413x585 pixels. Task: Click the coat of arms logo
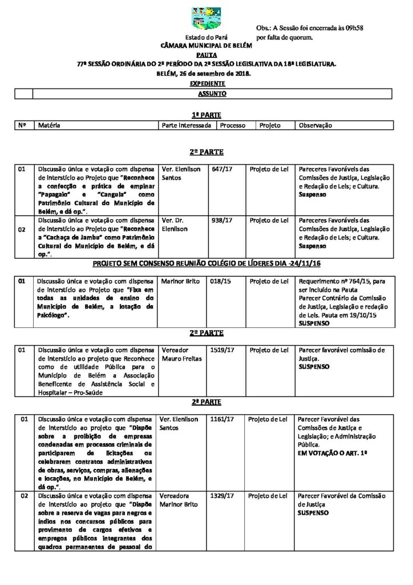coord(206,19)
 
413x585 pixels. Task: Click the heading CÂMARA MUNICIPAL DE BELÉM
coord(206,45)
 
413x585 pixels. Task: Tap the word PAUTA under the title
coord(206,55)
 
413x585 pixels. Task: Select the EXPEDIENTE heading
coord(206,83)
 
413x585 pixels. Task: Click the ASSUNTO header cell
coord(212,93)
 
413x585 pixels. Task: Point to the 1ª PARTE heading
coord(206,115)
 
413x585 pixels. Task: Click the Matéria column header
coord(49,125)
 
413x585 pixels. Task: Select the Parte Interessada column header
coord(187,125)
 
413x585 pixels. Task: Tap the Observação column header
coord(315,125)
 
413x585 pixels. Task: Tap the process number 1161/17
coord(222,419)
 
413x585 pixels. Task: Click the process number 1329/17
coord(222,496)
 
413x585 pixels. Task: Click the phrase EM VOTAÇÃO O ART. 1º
coord(333,452)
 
